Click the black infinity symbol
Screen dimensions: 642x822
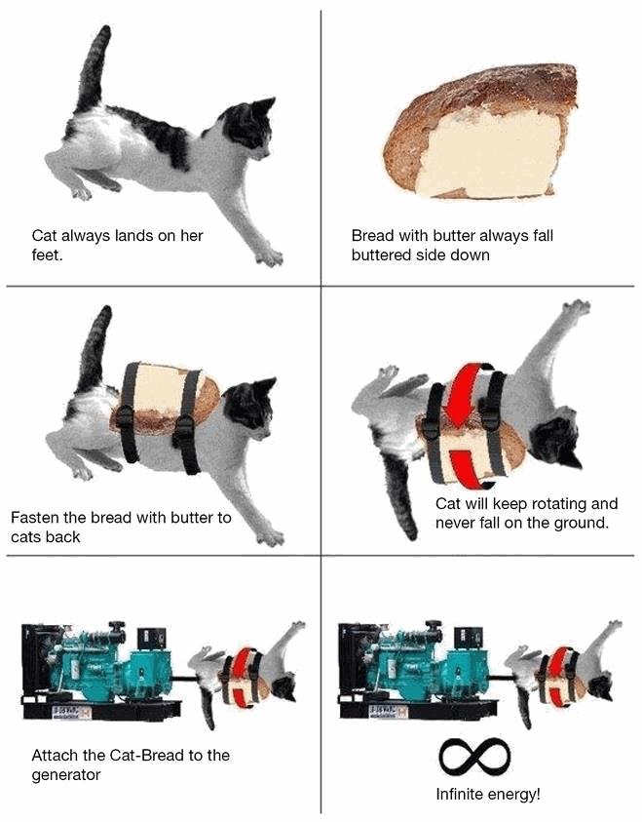[473, 757]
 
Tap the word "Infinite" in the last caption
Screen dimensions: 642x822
[458, 795]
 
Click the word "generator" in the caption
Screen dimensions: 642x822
[66, 775]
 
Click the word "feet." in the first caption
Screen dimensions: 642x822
[47, 255]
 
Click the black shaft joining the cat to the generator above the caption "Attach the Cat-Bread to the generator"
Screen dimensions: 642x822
[185, 680]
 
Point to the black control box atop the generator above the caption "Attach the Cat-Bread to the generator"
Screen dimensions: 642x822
[152, 638]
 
